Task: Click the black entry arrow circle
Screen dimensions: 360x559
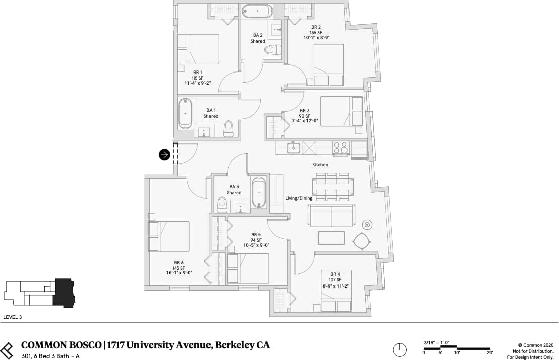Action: (x=164, y=155)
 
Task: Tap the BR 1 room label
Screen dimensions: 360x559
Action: (x=197, y=72)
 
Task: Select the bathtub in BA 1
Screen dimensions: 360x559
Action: (x=185, y=113)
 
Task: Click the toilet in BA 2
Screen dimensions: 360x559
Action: (x=272, y=49)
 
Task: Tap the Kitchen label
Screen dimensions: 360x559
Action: (x=320, y=165)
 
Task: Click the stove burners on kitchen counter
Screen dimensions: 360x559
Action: (x=340, y=148)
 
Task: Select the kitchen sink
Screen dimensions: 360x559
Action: (x=293, y=148)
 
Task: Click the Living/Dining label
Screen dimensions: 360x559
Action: (x=299, y=198)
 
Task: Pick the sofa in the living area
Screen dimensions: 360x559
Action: (x=331, y=215)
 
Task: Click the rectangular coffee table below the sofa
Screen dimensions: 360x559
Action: (x=331, y=238)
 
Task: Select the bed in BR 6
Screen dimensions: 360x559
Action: (x=168, y=236)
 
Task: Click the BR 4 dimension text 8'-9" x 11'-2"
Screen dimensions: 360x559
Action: (x=336, y=286)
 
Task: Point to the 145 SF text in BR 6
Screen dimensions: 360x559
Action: (x=179, y=268)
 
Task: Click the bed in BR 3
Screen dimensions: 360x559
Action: (x=341, y=111)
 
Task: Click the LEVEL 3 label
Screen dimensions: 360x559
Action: (x=13, y=318)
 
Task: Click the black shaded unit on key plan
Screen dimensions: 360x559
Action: (x=64, y=293)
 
